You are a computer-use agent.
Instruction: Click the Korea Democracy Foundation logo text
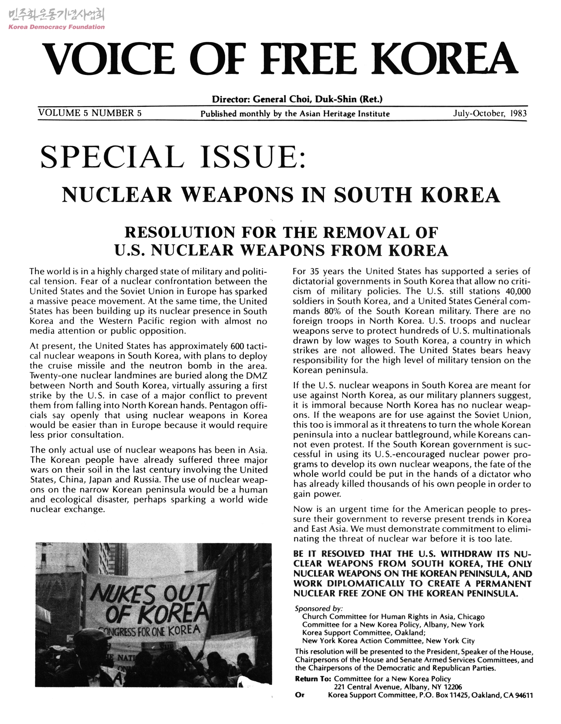[56, 27]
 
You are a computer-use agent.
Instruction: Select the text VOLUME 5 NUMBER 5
[90, 113]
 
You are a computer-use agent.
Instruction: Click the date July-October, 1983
[490, 114]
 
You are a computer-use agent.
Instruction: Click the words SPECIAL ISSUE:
[174, 158]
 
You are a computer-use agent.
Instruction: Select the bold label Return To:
[313, 679]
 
